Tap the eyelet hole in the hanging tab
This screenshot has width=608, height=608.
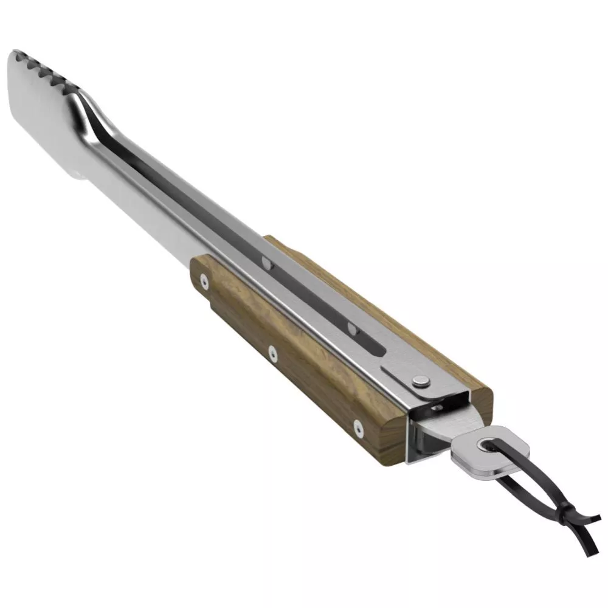coord(485,446)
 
